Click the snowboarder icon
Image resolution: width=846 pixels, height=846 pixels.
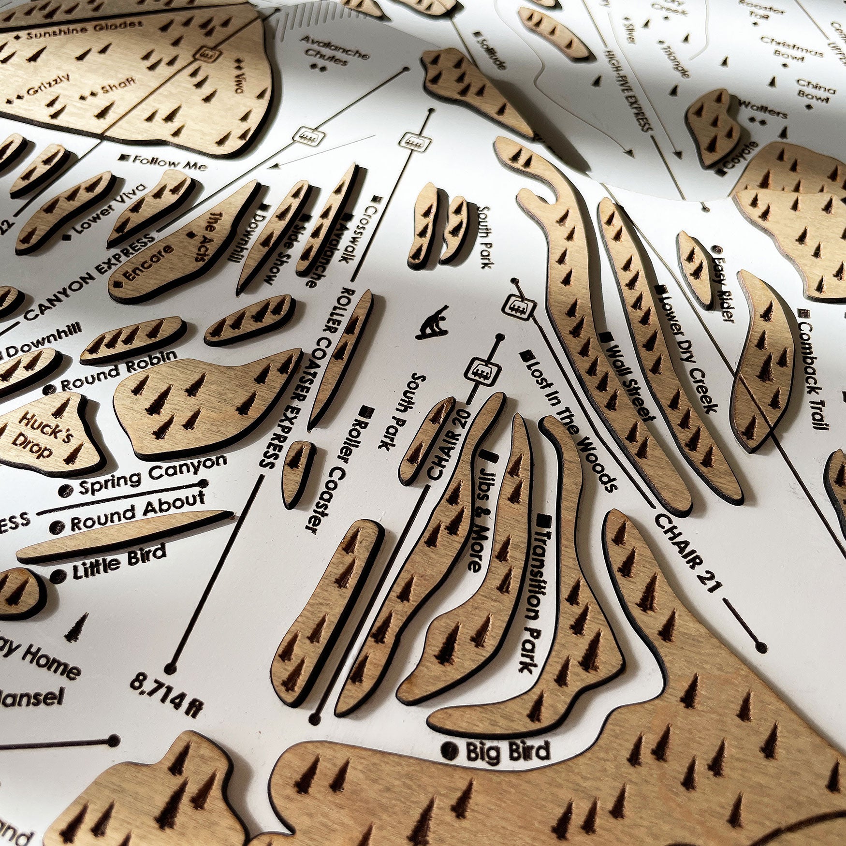(x=433, y=322)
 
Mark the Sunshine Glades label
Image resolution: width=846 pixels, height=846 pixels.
(x=85, y=30)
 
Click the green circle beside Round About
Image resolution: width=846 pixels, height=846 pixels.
(x=60, y=526)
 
